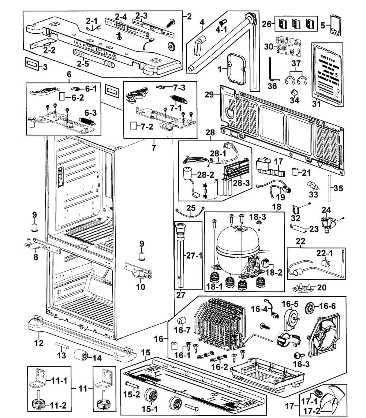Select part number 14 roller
coord(81,355)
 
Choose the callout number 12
coord(39,343)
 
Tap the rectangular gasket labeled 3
coord(31,63)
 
